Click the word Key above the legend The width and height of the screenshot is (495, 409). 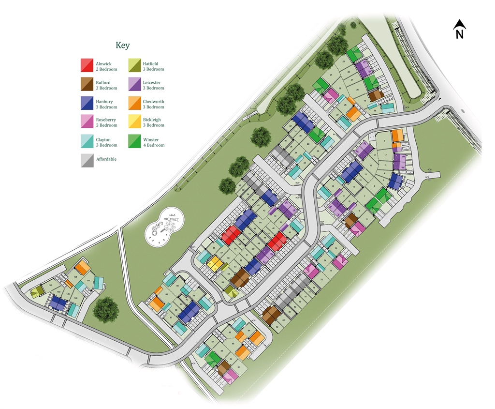[122, 45]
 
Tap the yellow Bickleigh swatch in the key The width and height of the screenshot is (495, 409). [135, 121]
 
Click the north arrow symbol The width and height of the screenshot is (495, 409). [460, 29]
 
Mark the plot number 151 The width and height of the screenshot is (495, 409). [50, 286]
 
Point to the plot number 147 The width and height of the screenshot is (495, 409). [88, 281]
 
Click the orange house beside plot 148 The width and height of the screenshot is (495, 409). [82, 268]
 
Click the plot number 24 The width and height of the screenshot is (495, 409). [331, 75]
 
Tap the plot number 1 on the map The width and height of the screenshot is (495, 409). [384, 141]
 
